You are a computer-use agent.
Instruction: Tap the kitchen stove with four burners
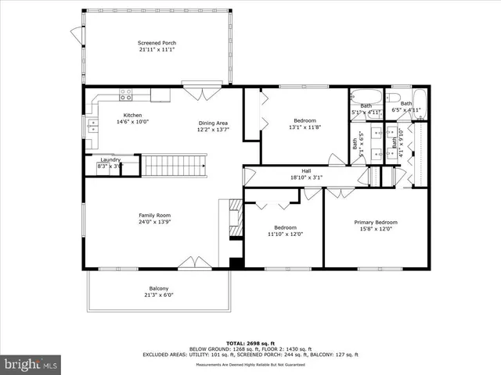coord(125,95)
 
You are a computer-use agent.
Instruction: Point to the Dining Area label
coord(213,123)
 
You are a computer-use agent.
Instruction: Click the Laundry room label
coord(110,159)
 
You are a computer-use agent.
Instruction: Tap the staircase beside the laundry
coord(173,165)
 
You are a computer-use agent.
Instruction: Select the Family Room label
coord(155,216)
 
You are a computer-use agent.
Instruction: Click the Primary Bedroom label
coord(375,222)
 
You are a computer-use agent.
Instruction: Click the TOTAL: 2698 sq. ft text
coord(250,342)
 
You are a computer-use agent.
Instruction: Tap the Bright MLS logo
coord(32,364)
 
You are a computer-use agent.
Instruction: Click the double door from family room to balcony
coord(192,263)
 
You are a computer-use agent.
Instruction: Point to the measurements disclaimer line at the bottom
coord(250,364)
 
